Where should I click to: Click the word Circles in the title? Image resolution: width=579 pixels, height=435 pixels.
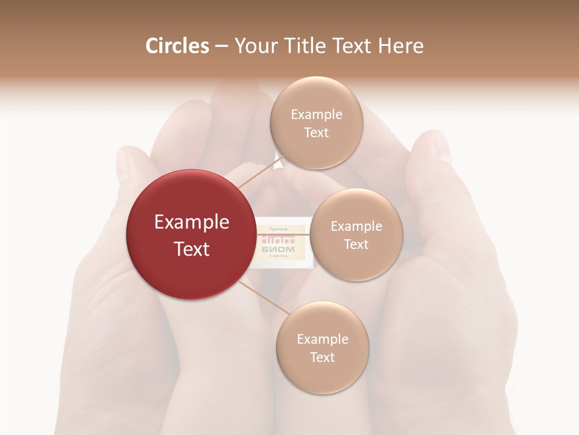[x=177, y=46]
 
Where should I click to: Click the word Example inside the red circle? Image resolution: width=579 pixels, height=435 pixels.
[x=192, y=222]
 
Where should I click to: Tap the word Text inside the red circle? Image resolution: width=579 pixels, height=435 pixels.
[x=192, y=249]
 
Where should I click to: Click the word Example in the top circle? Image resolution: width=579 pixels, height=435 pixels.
[x=317, y=115]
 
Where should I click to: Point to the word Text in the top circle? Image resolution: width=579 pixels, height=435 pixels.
[x=316, y=133]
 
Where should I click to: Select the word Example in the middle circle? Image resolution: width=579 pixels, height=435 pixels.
[x=356, y=227]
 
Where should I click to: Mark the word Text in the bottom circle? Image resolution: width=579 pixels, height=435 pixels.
[x=322, y=357]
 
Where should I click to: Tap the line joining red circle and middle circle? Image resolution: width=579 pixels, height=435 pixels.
[x=282, y=234]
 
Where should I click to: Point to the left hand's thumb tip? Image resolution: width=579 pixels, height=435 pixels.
[x=130, y=158]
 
